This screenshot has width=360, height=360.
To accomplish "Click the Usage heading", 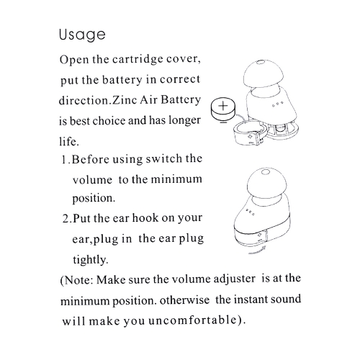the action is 82,35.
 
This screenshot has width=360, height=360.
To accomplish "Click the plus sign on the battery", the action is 223,106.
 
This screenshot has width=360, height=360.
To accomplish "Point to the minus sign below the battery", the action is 223,122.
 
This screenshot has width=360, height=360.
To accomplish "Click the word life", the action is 69,141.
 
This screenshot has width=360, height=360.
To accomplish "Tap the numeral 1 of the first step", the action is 64,159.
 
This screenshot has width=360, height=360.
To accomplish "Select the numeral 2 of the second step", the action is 66,219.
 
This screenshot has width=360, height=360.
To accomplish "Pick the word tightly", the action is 91,260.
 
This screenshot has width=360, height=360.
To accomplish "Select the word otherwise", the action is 184,300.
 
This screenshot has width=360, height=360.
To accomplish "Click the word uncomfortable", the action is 192,320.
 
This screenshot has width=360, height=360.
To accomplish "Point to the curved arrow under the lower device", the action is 257,250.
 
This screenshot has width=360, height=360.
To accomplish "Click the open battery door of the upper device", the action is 250,134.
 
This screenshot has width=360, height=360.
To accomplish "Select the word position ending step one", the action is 94,199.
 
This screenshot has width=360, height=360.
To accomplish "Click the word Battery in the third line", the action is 181,100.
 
